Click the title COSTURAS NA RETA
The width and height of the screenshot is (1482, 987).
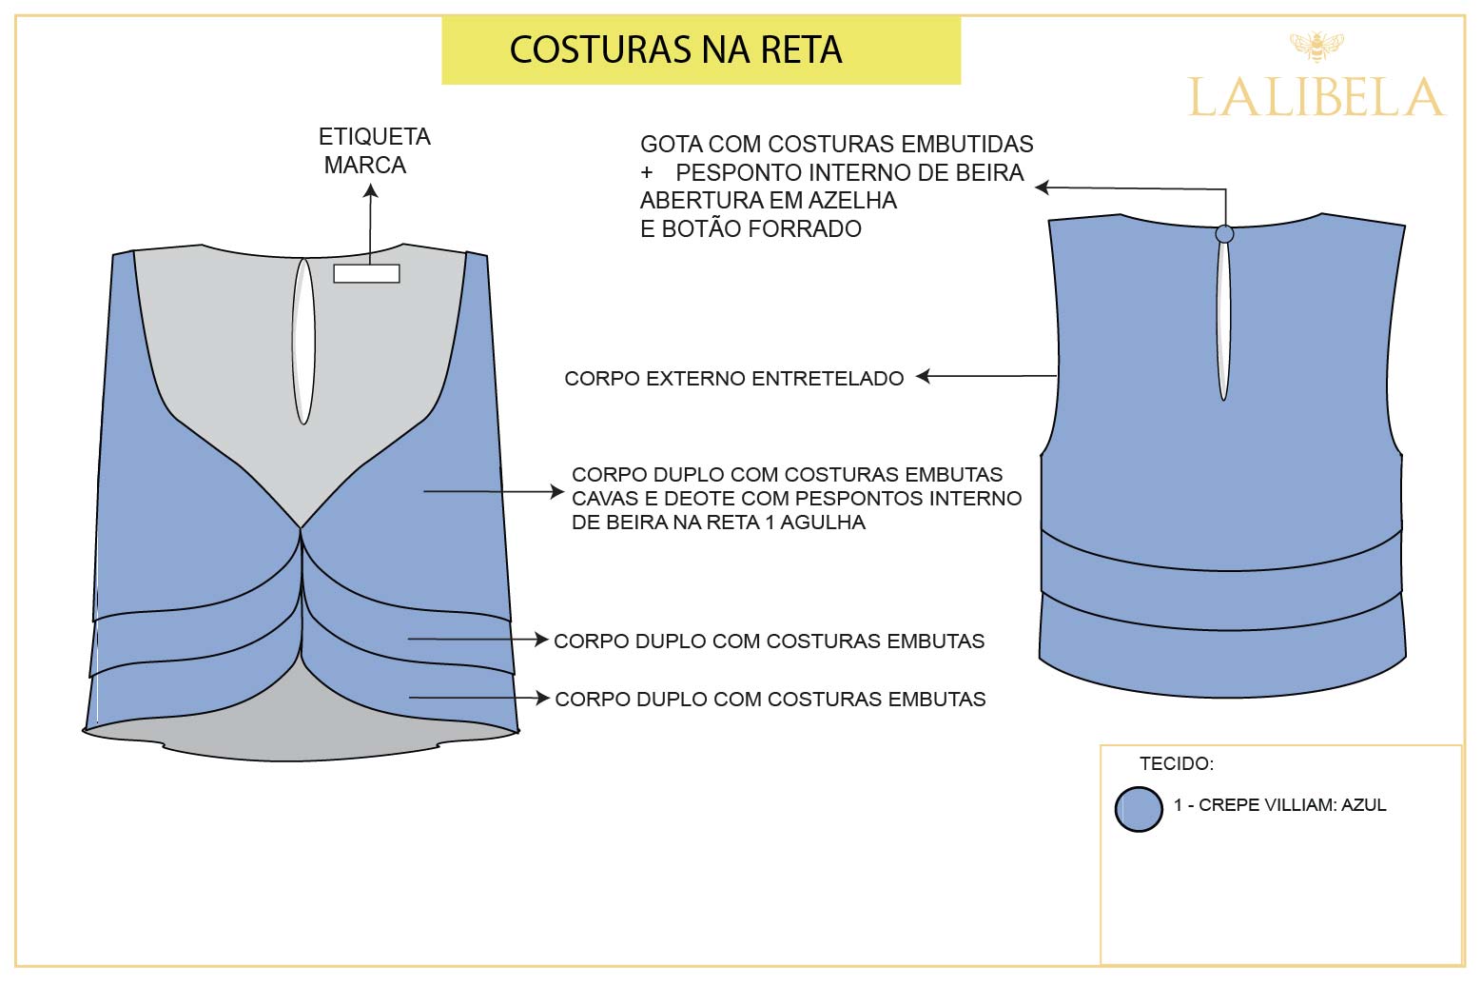coord(675,50)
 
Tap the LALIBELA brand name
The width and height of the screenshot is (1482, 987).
coord(1316,98)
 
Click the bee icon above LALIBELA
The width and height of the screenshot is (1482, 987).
coord(1316,46)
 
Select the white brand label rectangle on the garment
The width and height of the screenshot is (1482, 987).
coord(366,274)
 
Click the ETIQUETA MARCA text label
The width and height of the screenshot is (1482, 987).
coord(374,150)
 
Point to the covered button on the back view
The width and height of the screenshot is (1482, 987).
coord(1225,233)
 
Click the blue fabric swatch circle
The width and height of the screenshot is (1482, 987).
coord(1139,809)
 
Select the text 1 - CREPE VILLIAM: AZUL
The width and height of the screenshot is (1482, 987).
coord(1279,805)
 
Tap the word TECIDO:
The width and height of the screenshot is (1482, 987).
coord(1176,763)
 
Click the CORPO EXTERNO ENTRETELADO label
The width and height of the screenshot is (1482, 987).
coord(733,379)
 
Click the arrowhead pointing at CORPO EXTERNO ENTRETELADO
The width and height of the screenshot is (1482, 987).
coord(922,377)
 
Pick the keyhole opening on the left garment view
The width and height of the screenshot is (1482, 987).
coord(303,341)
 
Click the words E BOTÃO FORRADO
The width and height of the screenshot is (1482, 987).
coord(751,229)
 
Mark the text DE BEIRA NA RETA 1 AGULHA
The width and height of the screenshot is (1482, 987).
coord(718,523)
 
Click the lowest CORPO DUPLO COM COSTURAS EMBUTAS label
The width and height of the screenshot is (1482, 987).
coord(770,700)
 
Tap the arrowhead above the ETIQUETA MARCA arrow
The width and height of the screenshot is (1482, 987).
coord(371,190)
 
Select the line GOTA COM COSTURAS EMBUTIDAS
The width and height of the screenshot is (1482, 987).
coord(836,145)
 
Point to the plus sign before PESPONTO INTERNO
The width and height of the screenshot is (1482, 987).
coord(647,173)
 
